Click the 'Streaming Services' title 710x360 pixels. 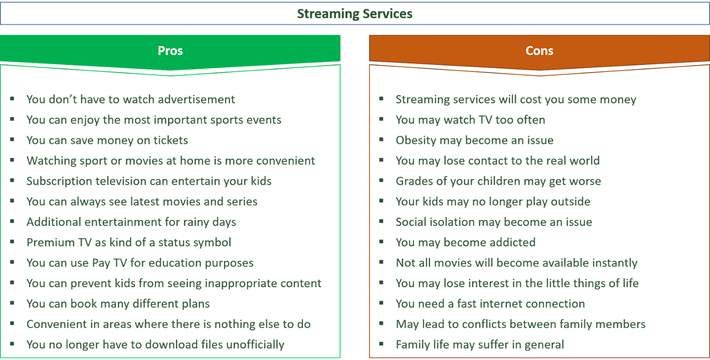[x=354, y=14]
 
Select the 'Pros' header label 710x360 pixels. [x=170, y=51]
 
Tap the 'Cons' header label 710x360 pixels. [x=539, y=51]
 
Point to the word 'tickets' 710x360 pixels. [x=171, y=140]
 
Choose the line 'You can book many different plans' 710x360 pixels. [x=118, y=304]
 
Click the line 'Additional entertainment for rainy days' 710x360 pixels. [x=131, y=222]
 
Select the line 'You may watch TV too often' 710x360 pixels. [x=470, y=120]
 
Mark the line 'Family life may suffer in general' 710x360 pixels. [x=479, y=344]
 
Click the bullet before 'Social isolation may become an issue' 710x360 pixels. [x=381, y=221]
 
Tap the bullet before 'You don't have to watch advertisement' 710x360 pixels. [x=12, y=99]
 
